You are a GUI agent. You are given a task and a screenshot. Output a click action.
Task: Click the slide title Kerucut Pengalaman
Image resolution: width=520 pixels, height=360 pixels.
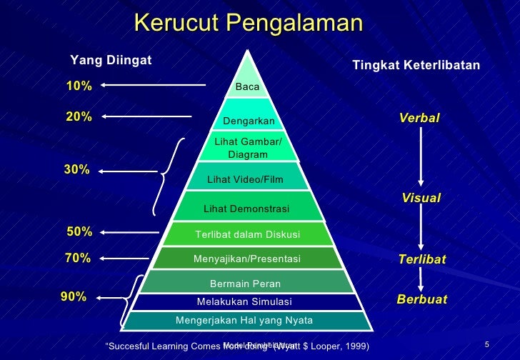(x=248, y=24)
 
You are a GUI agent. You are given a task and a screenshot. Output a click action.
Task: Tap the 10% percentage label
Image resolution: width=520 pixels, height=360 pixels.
(x=79, y=86)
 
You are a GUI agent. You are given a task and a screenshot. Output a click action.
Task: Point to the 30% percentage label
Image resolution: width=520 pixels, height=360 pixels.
(x=78, y=170)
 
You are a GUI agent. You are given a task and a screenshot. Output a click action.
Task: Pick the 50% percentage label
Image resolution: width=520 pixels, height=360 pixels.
(x=79, y=232)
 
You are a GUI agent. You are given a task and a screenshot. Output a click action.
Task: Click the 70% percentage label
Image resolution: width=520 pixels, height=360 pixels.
(x=78, y=259)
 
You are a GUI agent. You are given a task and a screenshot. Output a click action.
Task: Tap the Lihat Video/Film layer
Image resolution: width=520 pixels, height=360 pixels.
(x=245, y=179)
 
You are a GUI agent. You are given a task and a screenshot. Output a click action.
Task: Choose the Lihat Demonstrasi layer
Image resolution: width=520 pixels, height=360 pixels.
(x=246, y=209)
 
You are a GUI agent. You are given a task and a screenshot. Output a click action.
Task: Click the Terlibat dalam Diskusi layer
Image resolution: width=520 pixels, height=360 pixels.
(x=247, y=234)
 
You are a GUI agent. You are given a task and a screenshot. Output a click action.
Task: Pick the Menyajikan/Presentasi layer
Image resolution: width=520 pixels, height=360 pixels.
(x=247, y=259)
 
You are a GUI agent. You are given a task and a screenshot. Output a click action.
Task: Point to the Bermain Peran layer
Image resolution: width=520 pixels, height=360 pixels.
(x=245, y=284)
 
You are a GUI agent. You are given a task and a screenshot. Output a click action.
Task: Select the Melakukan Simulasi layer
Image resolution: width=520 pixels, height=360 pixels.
(x=244, y=302)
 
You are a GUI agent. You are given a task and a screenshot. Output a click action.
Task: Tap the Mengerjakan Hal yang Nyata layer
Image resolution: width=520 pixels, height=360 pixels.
(x=244, y=320)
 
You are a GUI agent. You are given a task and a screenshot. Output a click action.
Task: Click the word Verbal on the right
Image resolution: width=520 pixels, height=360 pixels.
(x=420, y=118)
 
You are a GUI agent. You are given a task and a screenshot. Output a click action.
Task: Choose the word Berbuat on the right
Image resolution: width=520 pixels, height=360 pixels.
(x=421, y=299)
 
